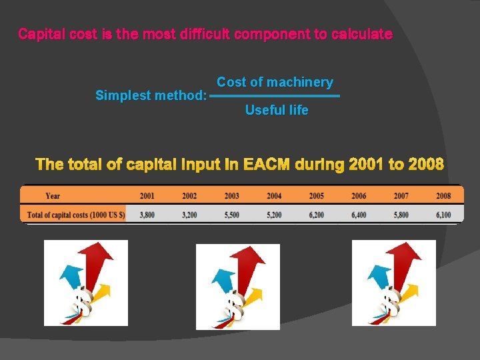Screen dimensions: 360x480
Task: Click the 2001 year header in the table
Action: pyautogui.click(x=147, y=196)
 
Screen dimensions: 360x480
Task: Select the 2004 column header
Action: pyautogui.click(x=274, y=196)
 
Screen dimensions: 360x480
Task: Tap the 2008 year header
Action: pyautogui.click(x=443, y=196)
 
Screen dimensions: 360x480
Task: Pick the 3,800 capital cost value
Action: pyautogui.click(x=147, y=215)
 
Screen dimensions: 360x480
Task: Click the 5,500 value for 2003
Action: pyautogui.click(x=231, y=215)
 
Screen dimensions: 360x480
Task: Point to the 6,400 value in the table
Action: pyautogui.click(x=359, y=215)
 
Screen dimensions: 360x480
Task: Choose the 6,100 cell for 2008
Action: pyautogui.click(x=443, y=215)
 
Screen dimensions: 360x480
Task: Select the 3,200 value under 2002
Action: pyautogui.click(x=189, y=215)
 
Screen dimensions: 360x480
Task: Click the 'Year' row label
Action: pyautogui.click(x=53, y=196)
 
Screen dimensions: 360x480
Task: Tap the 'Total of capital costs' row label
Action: pyautogui.click(x=73, y=215)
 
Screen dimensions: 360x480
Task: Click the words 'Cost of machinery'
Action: pyautogui.click(x=275, y=82)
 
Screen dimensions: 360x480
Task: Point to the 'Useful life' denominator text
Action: pyautogui.click(x=277, y=110)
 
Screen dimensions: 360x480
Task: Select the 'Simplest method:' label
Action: pyautogui.click(x=151, y=95)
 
